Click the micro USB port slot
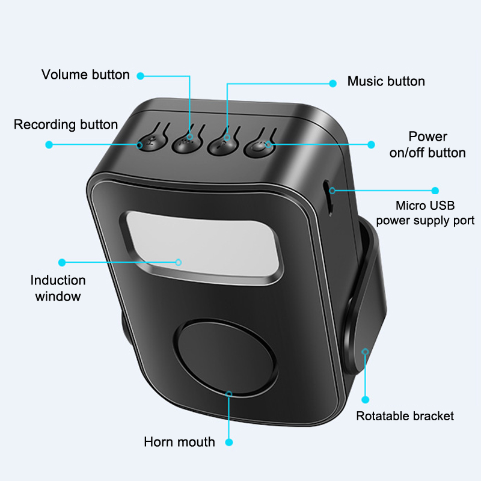(328, 198)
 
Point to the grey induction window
(203, 244)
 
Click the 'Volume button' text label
(85, 75)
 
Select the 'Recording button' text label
(66, 124)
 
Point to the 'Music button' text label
(386, 81)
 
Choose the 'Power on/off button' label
(427, 144)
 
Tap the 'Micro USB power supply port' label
(425, 213)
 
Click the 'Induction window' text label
(58, 288)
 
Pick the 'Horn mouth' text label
(179, 442)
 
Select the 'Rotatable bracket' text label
(405, 416)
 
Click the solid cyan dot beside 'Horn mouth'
(229, 443)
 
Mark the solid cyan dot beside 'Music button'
(333, 84)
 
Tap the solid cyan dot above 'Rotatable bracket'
(366, 400)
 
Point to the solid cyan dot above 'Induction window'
(62, 262)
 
